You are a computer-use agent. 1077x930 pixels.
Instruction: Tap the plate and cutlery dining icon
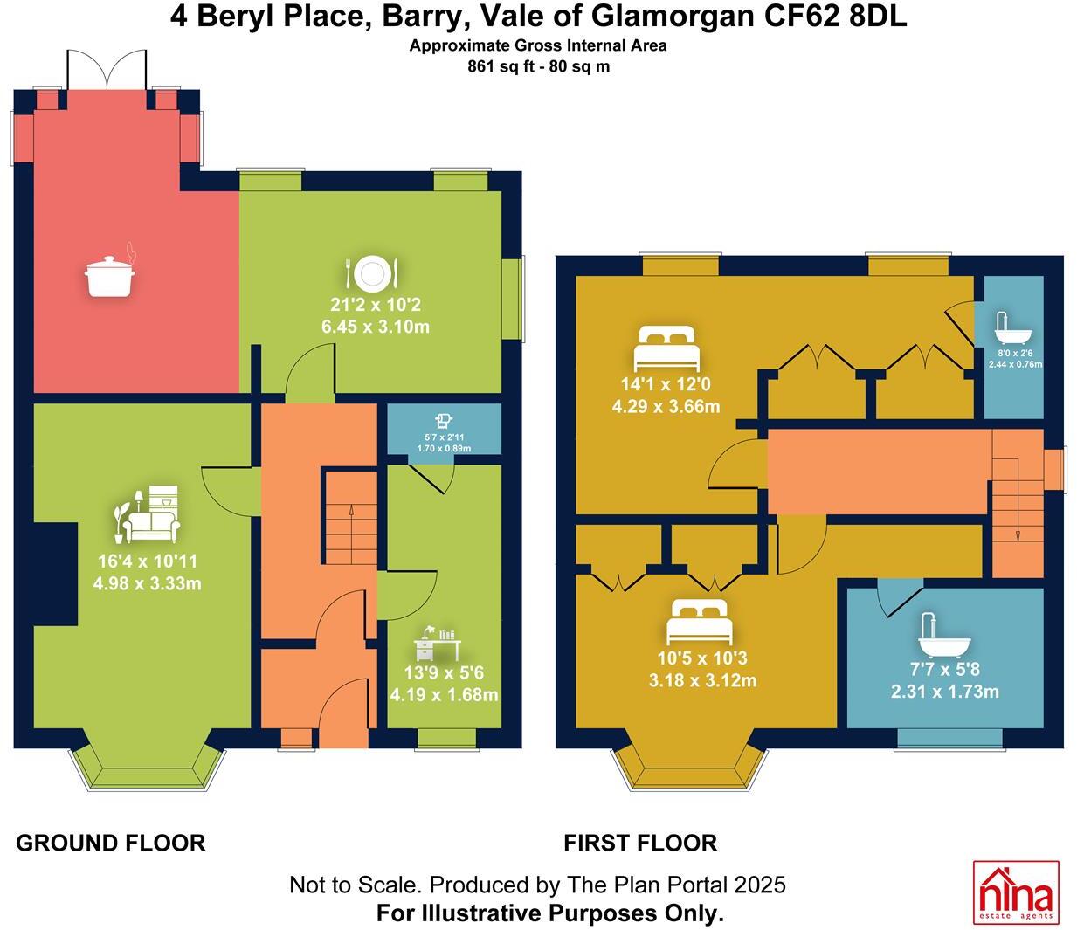373,273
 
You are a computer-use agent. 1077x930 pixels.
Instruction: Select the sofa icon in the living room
149,515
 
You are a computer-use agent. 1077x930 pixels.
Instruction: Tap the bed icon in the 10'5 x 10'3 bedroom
696,622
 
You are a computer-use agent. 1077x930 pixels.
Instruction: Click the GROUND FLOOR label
111,843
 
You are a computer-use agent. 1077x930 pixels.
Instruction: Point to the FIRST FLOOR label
640,843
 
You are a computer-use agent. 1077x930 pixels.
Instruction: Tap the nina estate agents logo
1016,892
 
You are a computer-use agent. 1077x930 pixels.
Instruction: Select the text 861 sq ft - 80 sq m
538,65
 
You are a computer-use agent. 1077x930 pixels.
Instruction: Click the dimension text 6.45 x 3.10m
375,327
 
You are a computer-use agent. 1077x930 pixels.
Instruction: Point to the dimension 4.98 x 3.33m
147,583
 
